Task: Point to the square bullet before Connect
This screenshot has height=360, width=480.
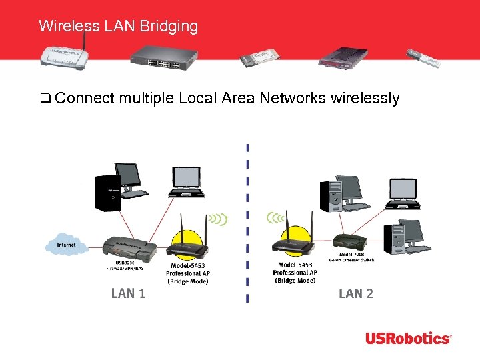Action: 45,99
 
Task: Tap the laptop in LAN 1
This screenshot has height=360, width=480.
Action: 187,181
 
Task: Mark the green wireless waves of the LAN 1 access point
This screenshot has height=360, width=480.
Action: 217,220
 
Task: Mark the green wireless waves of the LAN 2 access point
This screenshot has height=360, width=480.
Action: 275,217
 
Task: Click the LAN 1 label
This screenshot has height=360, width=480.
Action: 127,293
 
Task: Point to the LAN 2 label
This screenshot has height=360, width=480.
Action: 356,293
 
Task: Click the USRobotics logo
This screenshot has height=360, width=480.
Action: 407,339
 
